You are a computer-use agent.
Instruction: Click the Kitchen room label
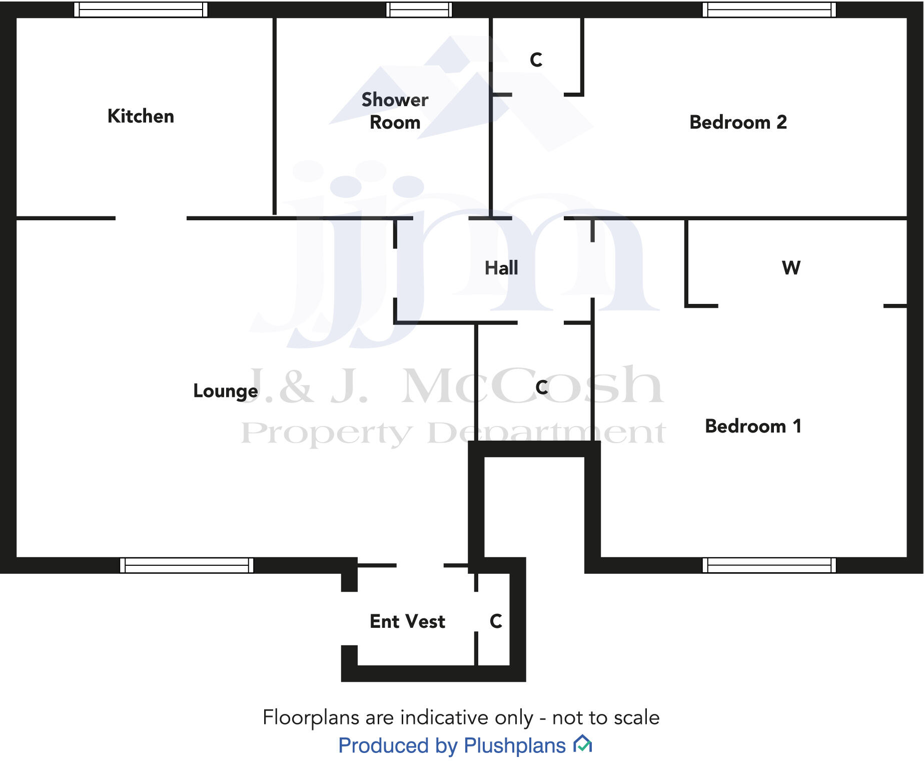[141, 116]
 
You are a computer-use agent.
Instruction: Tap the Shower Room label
[395, 111]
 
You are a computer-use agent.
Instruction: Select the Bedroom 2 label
[738, 122]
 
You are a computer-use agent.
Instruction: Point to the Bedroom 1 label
[753, 426]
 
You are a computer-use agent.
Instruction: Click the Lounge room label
[226, 391]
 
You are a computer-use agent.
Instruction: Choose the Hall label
[501, 268]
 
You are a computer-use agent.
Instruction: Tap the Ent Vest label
[407, 621]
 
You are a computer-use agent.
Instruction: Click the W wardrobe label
[791, 268]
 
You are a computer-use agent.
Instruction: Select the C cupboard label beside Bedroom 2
[536, 60]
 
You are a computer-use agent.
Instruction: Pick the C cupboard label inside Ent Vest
[496, 621]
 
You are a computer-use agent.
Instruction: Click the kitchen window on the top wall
[141, 10]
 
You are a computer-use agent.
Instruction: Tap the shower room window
[419, 10]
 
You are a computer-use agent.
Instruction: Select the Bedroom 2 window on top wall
[769, 10]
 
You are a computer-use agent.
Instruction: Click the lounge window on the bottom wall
[187, 565]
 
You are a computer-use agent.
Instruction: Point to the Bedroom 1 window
[769, 565]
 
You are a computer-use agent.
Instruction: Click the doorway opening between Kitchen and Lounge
[151, 218]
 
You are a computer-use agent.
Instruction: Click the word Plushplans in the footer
[515, 745]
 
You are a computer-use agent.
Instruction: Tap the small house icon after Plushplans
[583, 744]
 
